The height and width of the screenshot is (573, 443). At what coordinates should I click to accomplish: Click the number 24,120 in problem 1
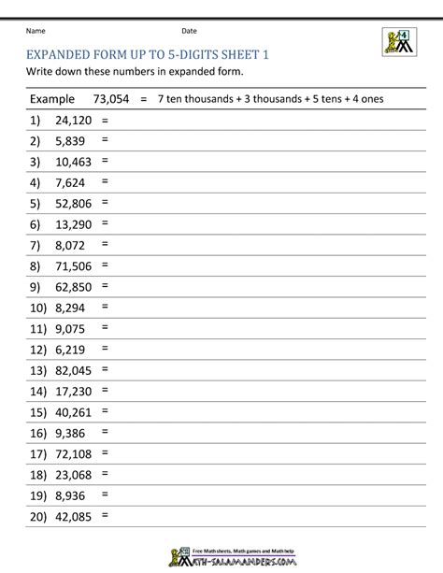click(x=73, y=121)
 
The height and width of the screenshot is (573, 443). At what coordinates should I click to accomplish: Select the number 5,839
click(x=70, y=141)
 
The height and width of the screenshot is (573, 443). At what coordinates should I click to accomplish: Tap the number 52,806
click(x=73, y=203)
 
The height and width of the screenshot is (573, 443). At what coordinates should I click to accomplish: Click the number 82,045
click(x=73, y=370)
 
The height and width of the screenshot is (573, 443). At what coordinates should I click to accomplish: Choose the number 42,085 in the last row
click(x=73, y=515)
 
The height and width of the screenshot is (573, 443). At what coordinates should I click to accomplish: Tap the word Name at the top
click(x=36, y=31)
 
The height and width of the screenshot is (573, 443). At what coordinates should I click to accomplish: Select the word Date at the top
click(x=190, y=31)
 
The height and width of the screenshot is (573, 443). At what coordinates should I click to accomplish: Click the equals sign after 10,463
click(x=105, y=161)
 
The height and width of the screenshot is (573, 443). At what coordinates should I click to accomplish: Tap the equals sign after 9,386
click(x=105, y=432)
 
